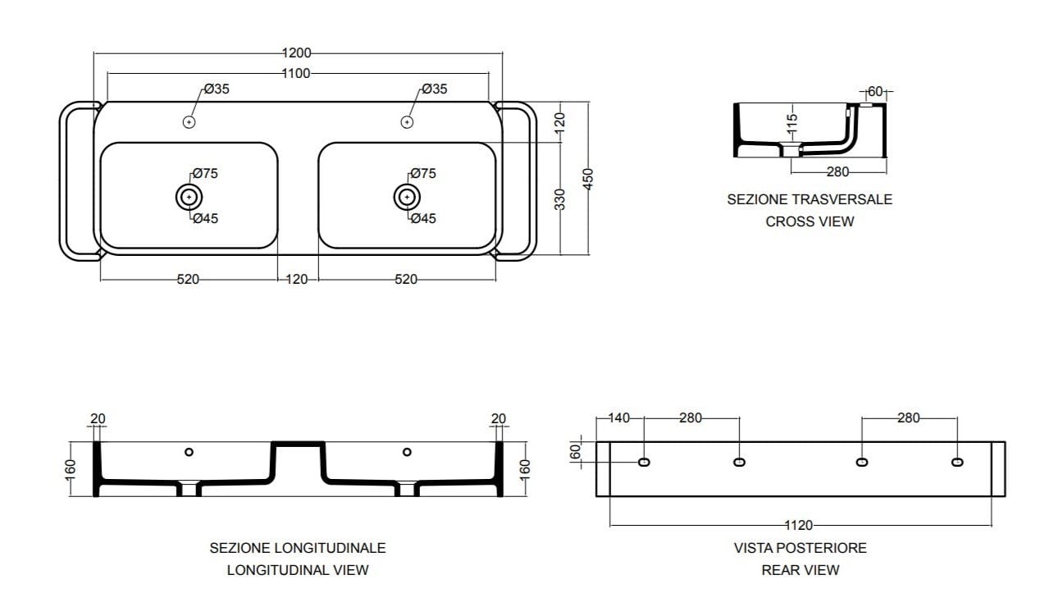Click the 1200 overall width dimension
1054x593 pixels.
[296, 53]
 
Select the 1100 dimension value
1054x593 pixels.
[296, 73]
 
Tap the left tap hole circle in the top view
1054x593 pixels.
[189, 122]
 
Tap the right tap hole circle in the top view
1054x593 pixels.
[406, 122]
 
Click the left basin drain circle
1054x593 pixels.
[189, 197]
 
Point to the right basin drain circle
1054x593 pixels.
[406, 197]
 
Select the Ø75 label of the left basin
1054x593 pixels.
[205, 174]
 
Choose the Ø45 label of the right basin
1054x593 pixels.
[423, 218]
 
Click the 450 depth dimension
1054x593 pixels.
[587, 179]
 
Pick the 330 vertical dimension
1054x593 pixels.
[560, 199]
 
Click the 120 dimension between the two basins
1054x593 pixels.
[297, 280]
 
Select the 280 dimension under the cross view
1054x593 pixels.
[837, 172]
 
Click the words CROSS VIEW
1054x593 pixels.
[810, 221]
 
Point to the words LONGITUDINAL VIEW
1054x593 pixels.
[298, 569]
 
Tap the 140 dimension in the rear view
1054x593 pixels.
[619, 418]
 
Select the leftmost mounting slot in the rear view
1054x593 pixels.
[644, 463]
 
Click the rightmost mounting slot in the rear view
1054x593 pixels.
[957, 463]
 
